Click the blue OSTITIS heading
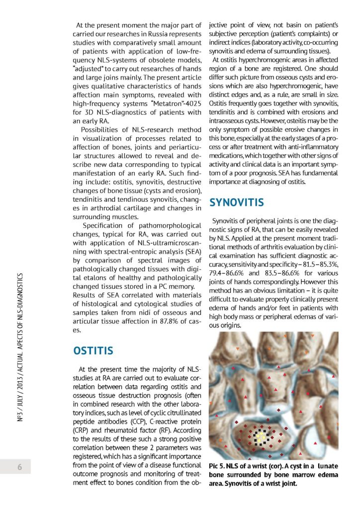[93, 351]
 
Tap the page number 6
[19, 467]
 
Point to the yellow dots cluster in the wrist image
[262, 436]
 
